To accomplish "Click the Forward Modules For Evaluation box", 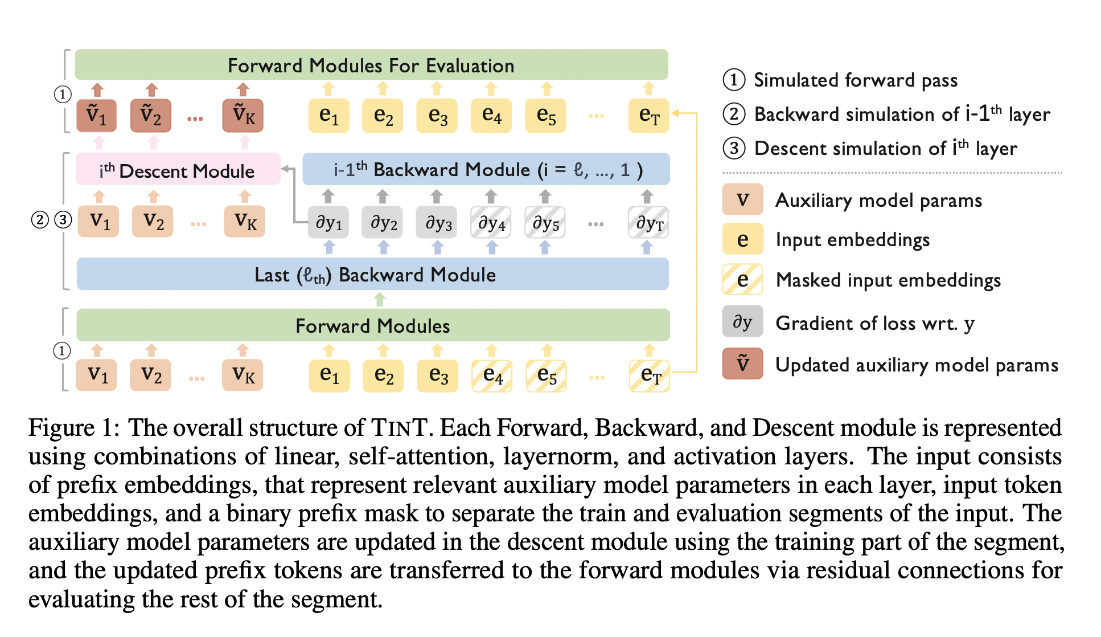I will click(371, 65).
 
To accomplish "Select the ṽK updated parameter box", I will click(243, 116).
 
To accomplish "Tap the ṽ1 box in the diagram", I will click(97, 116).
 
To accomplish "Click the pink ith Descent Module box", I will click(178, 170).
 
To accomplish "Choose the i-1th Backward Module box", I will click(486, 169).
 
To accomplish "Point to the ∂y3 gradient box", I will click(437, 222).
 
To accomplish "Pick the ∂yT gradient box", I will click(648, 222).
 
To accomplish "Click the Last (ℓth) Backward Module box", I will click(373, 274).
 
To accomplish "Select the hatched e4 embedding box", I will click(492, 375).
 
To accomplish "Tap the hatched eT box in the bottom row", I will click(650, 375).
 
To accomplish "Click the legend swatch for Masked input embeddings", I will click(742, 279).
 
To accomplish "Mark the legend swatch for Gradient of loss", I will click(742, 322).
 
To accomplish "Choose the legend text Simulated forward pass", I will click(855, 80).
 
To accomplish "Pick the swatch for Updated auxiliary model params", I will click(742, 364).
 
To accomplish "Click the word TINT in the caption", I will click(399, 427).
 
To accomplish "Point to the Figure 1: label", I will click(74, 427).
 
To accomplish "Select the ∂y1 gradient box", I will click(328, 222).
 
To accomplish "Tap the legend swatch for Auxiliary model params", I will click(742, 199).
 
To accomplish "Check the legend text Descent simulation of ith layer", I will click(885, 149).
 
